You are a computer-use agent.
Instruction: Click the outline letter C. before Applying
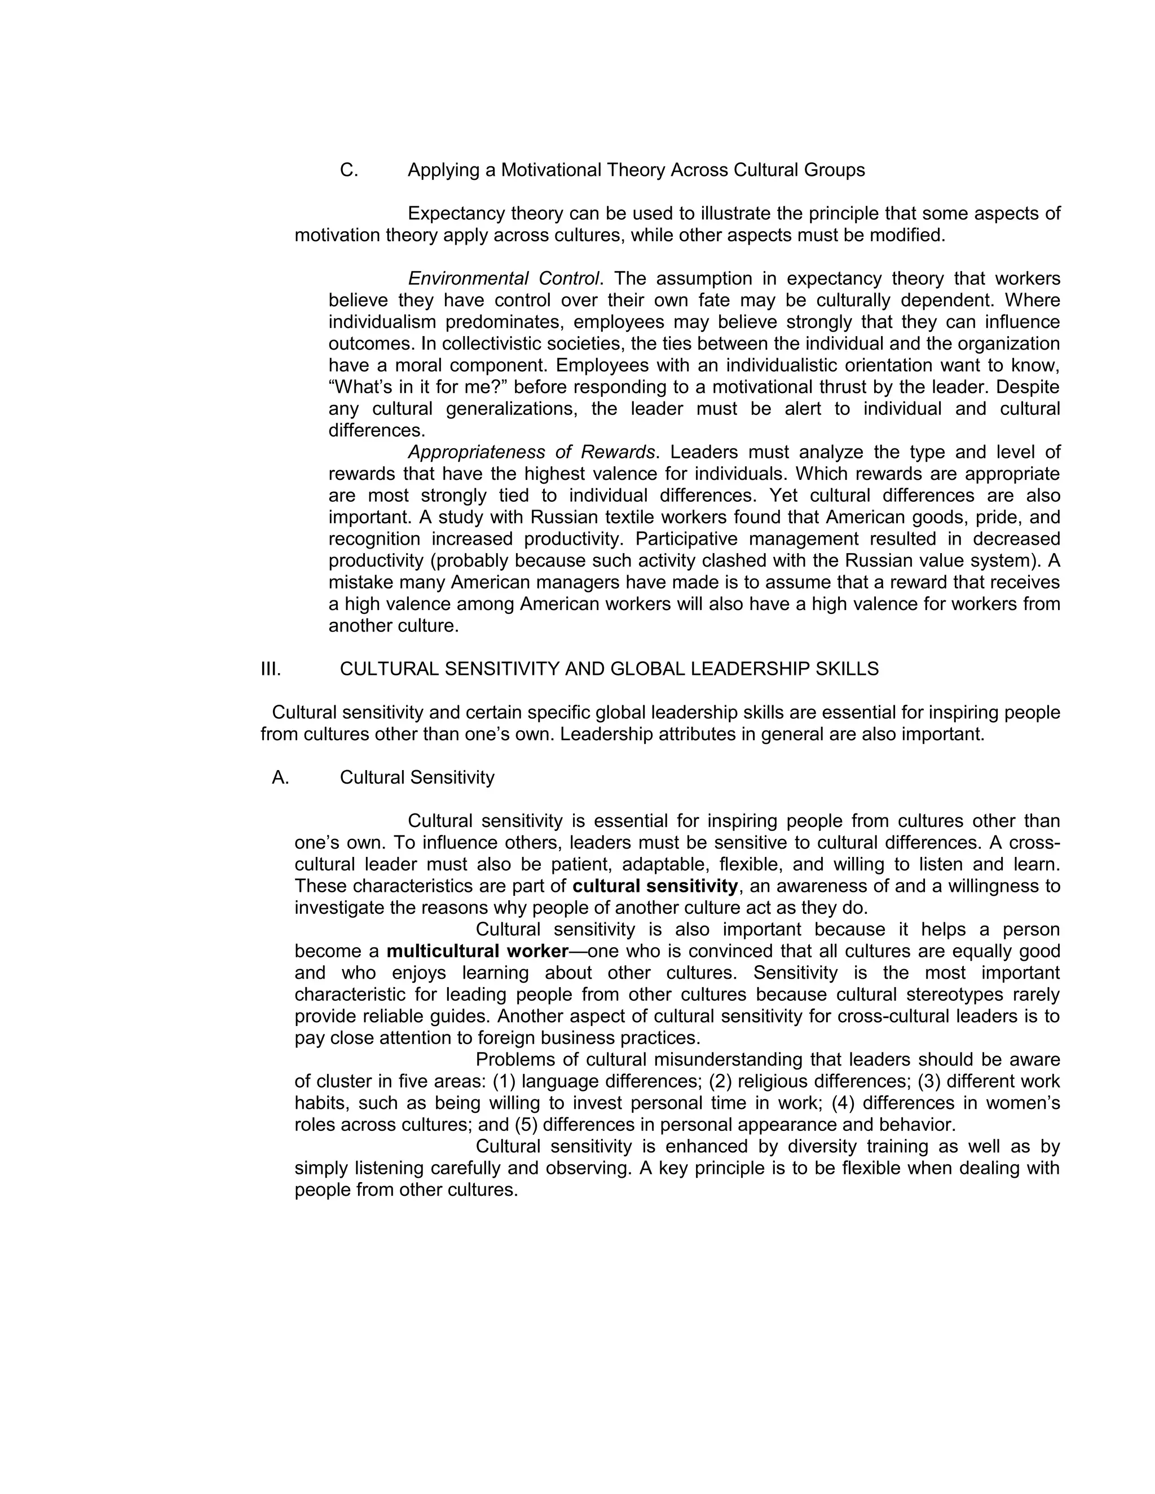coord(349,170)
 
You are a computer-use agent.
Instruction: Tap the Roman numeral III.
coord(271,669)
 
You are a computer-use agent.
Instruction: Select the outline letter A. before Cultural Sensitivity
coord(280,778)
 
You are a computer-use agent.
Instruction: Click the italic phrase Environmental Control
coord(504,279)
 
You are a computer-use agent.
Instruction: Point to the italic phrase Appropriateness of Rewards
coord(532,452)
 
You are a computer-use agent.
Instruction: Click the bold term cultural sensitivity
coord(655,887)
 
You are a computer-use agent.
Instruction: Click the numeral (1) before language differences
coord(504,1081)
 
